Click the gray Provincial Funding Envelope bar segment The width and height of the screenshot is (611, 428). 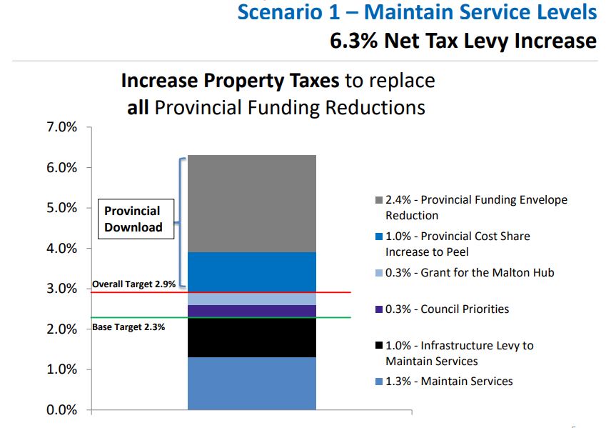tap(251, 204)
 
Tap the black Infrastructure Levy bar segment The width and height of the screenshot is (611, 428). tap(251, 338)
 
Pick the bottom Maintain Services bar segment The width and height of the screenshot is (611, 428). tap(251, 383)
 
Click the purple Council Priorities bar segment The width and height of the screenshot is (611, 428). tap(251, 312)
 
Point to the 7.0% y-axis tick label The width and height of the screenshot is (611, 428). tap(62, 128)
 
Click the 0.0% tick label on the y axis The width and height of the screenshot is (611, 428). tap(62, 410)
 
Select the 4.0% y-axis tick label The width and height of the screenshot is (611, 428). tap(62, 249)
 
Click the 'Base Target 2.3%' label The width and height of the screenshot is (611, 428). tap(128, 327)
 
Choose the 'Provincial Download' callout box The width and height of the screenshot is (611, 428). tap(133, 219)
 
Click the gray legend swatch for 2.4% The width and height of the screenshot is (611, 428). tap(379, 200)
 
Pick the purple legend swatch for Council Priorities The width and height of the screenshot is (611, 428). tap(379, 309)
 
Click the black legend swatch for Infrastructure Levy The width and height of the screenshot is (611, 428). tap(379, 346)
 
